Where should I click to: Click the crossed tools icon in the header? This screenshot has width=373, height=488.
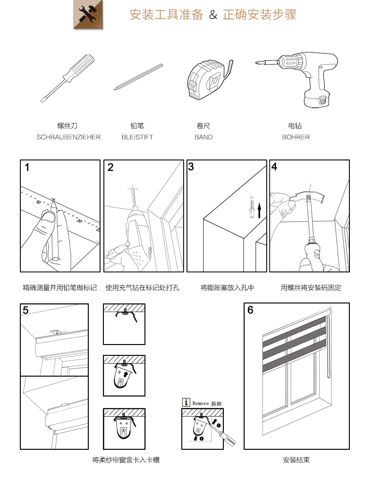[x=88, y=15]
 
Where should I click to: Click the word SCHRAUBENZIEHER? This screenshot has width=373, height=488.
[x=68, y=137]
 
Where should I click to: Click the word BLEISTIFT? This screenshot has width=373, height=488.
[x=137, y=137]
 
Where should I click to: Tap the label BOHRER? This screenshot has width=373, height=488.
[x=296, y=137]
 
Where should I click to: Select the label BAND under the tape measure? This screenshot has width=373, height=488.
[x=203, y=137]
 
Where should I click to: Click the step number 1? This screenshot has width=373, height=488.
[x=27, y=168]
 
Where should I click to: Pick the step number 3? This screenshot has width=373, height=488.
[x=191, y=167]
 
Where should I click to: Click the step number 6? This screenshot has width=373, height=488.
[x=250, y=310]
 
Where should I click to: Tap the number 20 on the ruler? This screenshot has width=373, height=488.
[x=80, y=220]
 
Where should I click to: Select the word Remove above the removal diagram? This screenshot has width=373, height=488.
[x=201, y=404]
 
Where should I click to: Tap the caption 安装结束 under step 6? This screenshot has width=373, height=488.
[x=296, y=460]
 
